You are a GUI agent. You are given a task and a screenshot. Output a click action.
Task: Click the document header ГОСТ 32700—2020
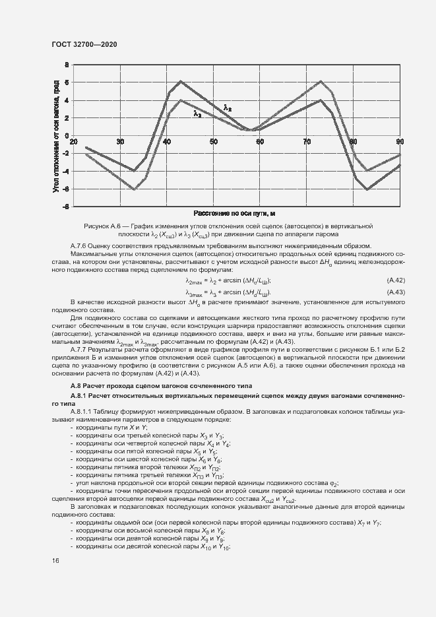(84, 44)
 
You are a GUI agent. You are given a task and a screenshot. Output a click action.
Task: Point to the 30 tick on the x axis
(120, 142)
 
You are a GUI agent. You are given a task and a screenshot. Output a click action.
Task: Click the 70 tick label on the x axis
(307, 142)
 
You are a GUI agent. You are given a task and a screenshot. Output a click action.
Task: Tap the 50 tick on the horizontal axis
(213, 142)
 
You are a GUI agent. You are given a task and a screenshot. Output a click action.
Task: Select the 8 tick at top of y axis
(67, 65)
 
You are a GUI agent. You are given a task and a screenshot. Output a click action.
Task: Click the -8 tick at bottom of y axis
(65, 207)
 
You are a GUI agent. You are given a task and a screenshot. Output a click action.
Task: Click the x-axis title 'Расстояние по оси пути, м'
(234, 214)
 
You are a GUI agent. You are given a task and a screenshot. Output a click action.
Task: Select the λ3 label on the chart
(197, 114)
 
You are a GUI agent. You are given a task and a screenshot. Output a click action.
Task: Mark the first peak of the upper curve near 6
(180, 81)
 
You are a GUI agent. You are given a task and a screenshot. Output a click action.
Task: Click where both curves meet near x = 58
(249, 130)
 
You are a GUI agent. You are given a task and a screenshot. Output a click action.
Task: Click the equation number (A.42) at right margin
(395, 280)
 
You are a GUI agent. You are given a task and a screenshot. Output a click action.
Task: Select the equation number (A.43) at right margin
(395, 292)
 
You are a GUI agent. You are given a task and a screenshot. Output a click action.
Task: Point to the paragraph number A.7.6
(80, 245)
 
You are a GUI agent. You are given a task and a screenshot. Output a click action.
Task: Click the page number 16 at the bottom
(55, 560)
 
